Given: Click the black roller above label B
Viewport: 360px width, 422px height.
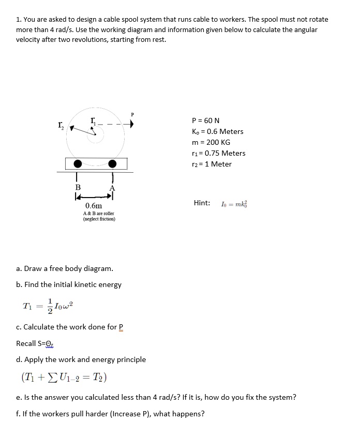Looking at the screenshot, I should [x=78, y=164].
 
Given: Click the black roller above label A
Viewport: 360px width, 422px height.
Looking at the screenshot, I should [x=112, y=164].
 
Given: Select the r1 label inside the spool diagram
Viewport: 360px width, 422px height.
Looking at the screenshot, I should [x=93, y=120].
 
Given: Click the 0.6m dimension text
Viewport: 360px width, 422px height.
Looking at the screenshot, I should [x=94, y=206].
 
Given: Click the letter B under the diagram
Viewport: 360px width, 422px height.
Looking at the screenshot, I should [x=78, y=187].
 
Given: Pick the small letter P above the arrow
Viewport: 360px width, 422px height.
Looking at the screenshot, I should [x=132, y=115].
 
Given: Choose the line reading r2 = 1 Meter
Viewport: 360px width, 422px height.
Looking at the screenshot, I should [x=212, y=164].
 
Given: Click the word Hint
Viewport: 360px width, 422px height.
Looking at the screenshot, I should [x=202, y=203].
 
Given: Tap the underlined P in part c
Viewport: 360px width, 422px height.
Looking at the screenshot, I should [x=122, y=327].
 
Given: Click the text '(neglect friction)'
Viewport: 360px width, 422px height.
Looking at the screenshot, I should [x=99, y=219].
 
